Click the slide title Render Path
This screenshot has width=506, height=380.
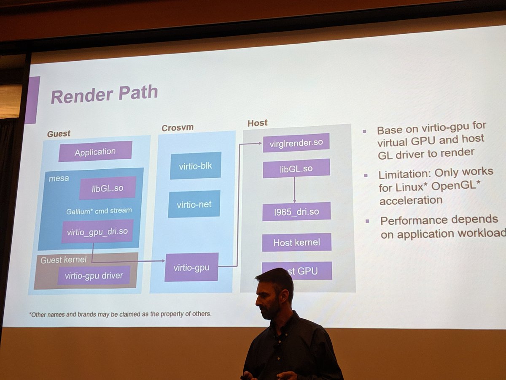coord(104,94)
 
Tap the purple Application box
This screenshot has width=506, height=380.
coord(95,152)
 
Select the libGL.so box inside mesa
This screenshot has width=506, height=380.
coord(108,188)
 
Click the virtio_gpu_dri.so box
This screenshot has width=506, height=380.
coord(97,231)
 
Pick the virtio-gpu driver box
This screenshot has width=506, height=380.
coord(94,276)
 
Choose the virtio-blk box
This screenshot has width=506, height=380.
coord(195,166)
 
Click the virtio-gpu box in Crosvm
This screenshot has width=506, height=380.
coord(191,267)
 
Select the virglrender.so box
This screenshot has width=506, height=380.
coord(296,142)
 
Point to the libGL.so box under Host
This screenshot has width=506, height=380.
coord(296,168)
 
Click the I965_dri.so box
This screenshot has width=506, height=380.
coord(296,212)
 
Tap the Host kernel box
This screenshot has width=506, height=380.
coord(296,242)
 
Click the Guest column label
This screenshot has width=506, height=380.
coord(59,133)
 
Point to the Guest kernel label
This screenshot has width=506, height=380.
coord(63,260)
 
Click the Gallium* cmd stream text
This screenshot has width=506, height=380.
coord(99,210)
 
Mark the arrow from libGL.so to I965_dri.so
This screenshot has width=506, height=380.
coord(294,190)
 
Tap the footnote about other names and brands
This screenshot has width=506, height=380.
coord(120,314)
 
